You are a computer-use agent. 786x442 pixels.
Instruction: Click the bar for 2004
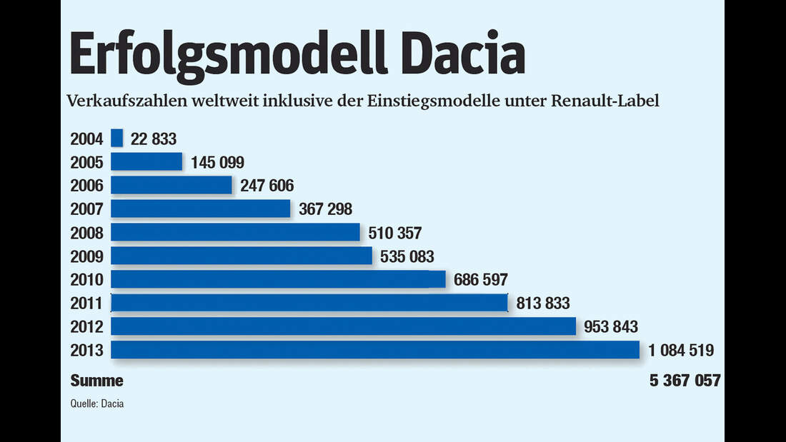click(117, 138)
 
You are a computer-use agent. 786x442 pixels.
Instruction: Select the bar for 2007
click(201, 209)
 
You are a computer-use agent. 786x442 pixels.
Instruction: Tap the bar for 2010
click(279, 279)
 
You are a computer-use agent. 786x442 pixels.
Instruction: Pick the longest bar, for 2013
click(375, 350)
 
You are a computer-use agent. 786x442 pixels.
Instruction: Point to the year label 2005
click(87, 162)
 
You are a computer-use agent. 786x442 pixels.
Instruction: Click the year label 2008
click(87, 233)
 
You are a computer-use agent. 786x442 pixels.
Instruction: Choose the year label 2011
click(87, 303)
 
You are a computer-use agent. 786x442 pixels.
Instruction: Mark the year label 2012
click(87, 327)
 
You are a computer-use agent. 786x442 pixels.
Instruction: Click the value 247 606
click(267, 186)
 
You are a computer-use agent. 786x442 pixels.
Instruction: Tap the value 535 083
click(408, 256)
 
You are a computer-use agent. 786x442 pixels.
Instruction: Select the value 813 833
click(544, 303)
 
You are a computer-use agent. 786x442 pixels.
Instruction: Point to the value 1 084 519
click(682, 351)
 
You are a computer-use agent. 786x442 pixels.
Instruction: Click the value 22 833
click(154, 139)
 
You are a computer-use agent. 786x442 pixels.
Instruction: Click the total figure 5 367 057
click(685, 381)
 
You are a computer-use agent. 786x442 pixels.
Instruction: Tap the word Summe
click(96, 381)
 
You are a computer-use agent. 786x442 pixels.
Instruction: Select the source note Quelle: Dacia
click(96, 403)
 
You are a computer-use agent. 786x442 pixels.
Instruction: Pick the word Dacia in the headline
click(460, 54)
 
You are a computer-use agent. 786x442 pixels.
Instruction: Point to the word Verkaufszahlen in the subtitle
click(116, 101)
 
